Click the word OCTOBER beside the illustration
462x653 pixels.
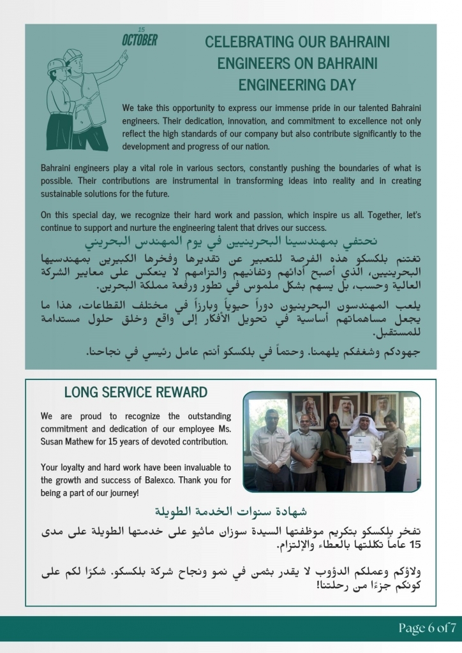click(140, 41)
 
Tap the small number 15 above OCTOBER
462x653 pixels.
click(141, 29)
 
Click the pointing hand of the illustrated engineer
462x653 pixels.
click(123, 56)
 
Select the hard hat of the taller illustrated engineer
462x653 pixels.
click(71, 56)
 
